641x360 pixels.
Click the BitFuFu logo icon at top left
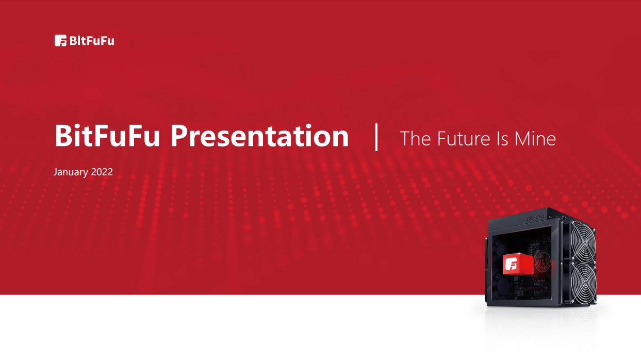(x=60, y=40)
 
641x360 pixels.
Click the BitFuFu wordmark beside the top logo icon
(x=92, y=41)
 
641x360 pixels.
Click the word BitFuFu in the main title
(x=107, y=136)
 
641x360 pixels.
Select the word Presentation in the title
(x=259, y=136)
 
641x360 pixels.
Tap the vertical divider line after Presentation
(x=376, y=137)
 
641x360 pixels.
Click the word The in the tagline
(x=415, y=139)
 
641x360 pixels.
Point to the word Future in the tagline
(x=464, y=139)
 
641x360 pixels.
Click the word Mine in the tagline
(x=535, y=139)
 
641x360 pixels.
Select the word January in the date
(x=71, y=172)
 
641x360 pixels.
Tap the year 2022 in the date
(x=102, y=172)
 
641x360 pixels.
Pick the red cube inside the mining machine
(x=518, y=264)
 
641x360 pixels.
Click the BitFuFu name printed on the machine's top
(x=535, y=218)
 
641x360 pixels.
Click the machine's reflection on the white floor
(x=541, y=329)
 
